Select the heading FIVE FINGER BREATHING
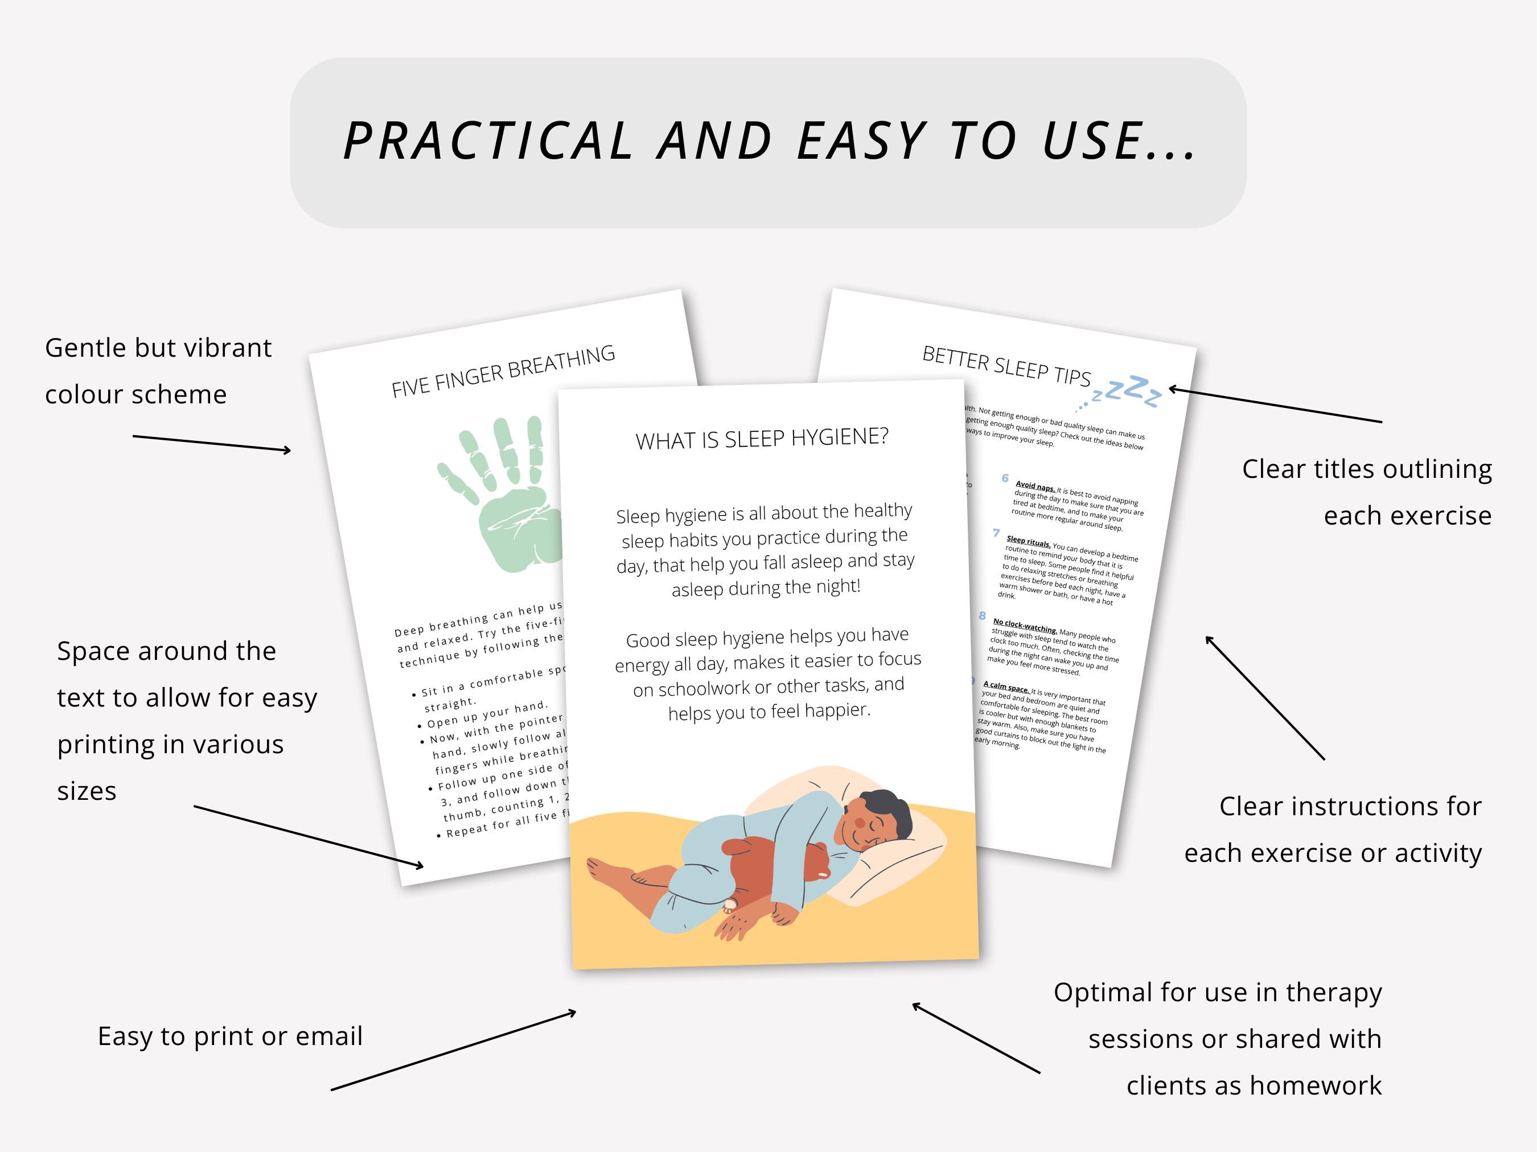pos(503,371)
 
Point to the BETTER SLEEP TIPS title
pos(1005,365)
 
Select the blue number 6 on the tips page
pos(1005,478)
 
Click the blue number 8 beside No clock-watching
pos(983,615)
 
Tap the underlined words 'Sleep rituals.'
pos(1029,541)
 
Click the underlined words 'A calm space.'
pos(1005,686)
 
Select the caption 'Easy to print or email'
pos(230,1036)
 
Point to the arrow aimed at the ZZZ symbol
pos(1275,405)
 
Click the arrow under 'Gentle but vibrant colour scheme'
pos(212,443)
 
